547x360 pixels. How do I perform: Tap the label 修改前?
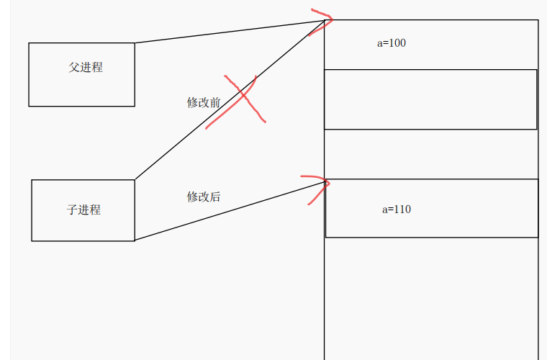[x=204, y=102]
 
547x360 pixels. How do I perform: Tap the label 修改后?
[x=204, y=196]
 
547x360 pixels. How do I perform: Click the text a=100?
[x=392, y=43]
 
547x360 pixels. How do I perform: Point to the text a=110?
[x=397, y=210]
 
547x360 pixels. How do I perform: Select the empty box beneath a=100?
[x=430, y=99]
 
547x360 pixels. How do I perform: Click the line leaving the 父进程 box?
[x=230, y=31]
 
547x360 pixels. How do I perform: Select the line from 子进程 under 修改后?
[x=230, y=211]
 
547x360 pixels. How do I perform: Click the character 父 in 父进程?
[x=73, y=67]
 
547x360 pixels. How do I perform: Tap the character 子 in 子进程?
[x=72, y=210]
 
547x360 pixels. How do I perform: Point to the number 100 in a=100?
[x=397, y=43]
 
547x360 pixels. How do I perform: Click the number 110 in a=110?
[x=402, y=210]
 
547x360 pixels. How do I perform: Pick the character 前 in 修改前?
[x=215, y=102]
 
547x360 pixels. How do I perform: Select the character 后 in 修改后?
[x=215, y=196]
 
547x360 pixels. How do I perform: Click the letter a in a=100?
[x=380, y=43]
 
